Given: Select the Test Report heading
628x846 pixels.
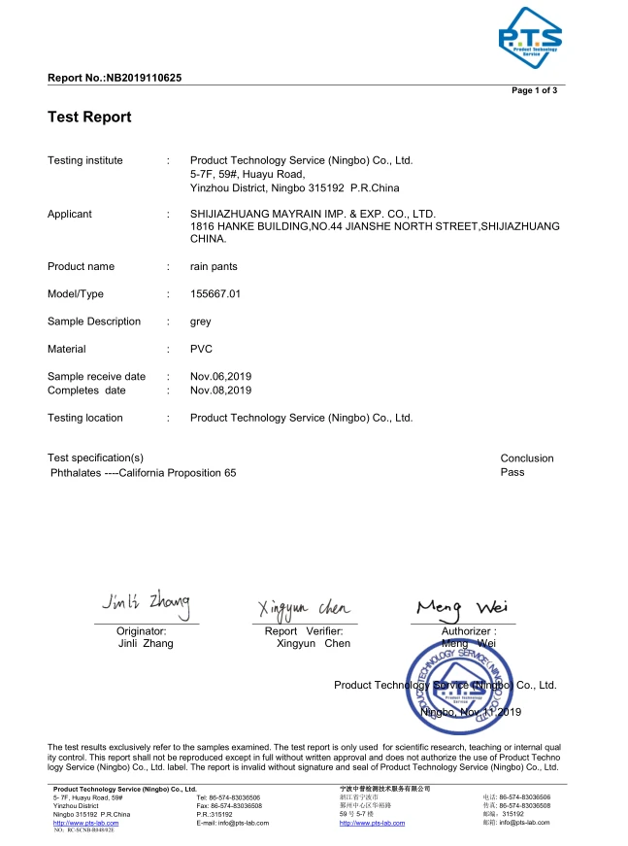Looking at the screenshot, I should point(89,118).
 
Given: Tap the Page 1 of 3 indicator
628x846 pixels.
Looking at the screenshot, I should point(534,90).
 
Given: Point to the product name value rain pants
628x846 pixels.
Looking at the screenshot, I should point(214,267).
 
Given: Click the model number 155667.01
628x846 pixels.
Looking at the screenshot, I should point(215,294).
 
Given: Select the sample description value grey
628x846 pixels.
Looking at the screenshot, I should point(201,321).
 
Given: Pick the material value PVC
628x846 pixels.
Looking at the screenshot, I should point(201,349).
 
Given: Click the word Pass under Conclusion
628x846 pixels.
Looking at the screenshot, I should point(512,472).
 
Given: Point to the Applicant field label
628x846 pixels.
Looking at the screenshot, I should point(70,215).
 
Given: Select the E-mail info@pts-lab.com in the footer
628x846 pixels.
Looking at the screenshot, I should point(232,823).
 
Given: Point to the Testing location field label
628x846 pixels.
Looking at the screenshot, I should point(85,418).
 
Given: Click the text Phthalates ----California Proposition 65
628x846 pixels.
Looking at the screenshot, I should point(143,473).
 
